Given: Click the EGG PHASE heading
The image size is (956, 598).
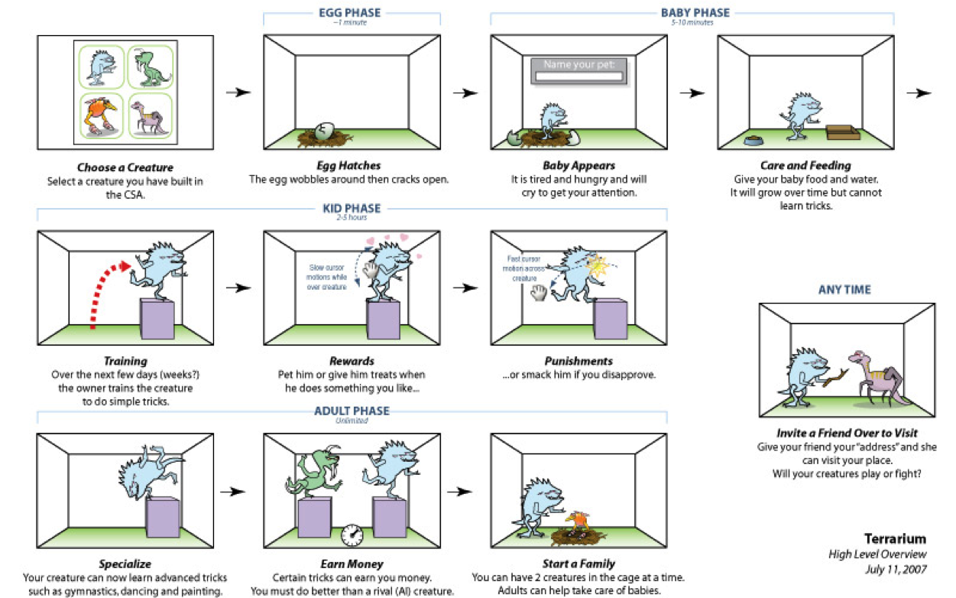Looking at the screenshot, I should [351, 13].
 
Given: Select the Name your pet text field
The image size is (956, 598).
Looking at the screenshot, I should [578, 76].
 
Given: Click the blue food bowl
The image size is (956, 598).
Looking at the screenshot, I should [754, 140].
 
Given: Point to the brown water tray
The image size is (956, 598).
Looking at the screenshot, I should [842, 133].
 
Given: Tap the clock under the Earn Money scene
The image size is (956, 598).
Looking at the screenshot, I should [351, 534].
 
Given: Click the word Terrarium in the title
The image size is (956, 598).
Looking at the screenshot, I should [895, 538].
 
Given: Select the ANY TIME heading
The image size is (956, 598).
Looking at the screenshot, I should [844, 290].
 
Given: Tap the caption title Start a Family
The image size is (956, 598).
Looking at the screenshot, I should [578, 564].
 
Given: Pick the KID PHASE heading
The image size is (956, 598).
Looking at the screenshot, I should [351, 208].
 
